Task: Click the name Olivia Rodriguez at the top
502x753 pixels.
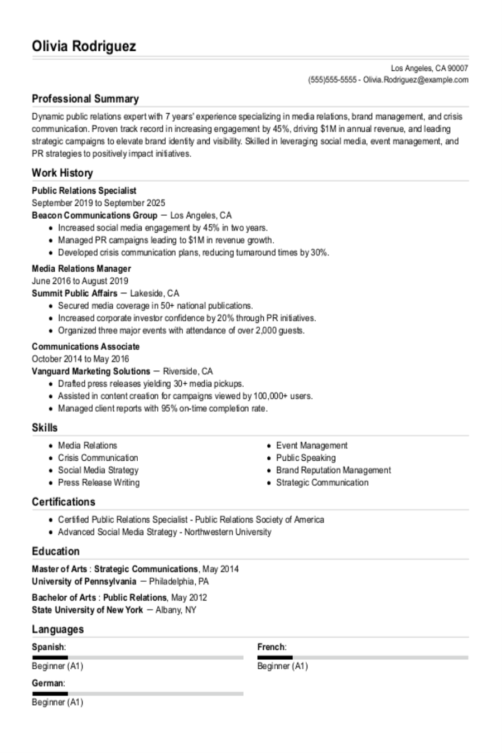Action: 84,46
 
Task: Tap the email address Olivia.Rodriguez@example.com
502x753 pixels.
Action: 416,80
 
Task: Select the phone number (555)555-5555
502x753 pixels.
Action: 332,80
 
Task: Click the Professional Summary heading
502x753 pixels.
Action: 85,99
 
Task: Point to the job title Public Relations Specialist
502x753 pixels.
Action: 84,191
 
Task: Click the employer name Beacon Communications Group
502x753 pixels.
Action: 94,215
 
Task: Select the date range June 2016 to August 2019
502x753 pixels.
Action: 80,281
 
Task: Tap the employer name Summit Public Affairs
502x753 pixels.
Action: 75,293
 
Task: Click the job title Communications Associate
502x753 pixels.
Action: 85,347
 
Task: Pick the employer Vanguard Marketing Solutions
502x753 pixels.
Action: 91,371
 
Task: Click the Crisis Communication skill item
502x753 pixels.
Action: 98,458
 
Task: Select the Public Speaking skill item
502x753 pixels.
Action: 306,458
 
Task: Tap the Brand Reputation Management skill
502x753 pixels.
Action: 333,470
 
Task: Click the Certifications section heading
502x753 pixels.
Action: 64,501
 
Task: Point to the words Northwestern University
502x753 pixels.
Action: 228,532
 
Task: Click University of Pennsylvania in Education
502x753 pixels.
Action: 84,581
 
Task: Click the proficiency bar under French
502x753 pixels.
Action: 363,658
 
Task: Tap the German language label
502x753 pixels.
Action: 48,683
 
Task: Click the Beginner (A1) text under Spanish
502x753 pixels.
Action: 57,666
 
